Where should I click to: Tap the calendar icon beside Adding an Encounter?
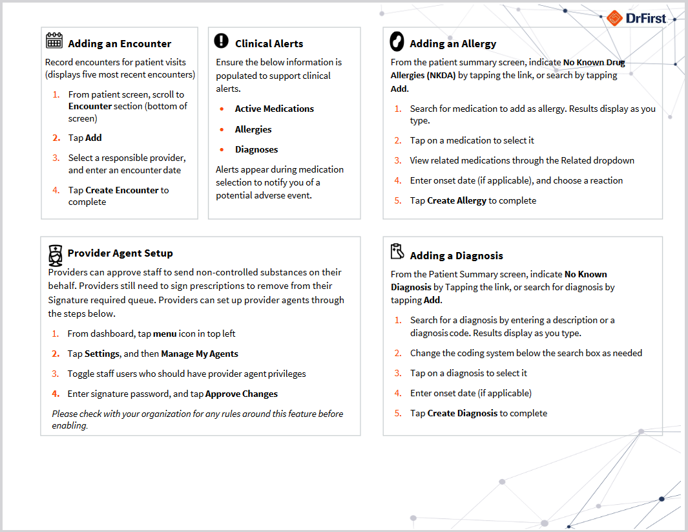(x=54, y=41)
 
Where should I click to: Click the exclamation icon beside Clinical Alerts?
(x=221, y=41)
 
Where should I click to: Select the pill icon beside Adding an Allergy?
(x=397, y=41)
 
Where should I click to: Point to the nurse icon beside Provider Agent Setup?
(x=56, y=255)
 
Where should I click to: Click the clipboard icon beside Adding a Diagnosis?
(x=397, y=251)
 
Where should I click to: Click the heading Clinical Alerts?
(x=269, y=44)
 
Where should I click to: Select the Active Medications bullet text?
(x=274, y=109)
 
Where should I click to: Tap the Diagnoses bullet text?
(x=256, y=149)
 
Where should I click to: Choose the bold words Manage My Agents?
(x=199, y=354)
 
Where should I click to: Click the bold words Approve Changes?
(x=241, y=394)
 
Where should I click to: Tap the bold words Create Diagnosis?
(x=462, y=413)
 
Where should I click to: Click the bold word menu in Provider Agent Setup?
(x=165, y=334)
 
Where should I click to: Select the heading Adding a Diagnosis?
(x=456, y=256)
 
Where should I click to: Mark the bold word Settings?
(x=102, y=354)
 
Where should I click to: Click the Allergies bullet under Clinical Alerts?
(x=253, y=129)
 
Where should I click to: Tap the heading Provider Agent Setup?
(x=120, y=253)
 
